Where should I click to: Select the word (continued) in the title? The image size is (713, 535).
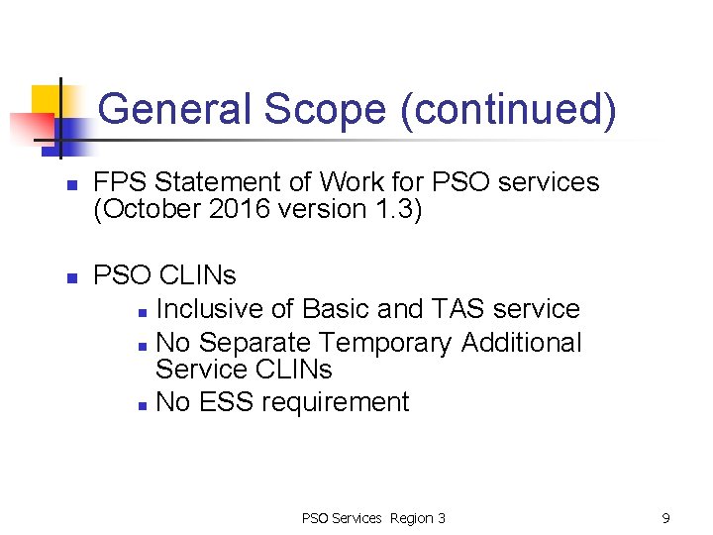click(507, 108)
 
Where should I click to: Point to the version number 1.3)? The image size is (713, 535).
click(399, 210)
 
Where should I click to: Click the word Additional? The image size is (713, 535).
click(522, 343)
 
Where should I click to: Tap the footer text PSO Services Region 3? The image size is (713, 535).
click(373, 518)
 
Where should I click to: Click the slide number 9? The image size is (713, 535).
click(666, 518)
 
